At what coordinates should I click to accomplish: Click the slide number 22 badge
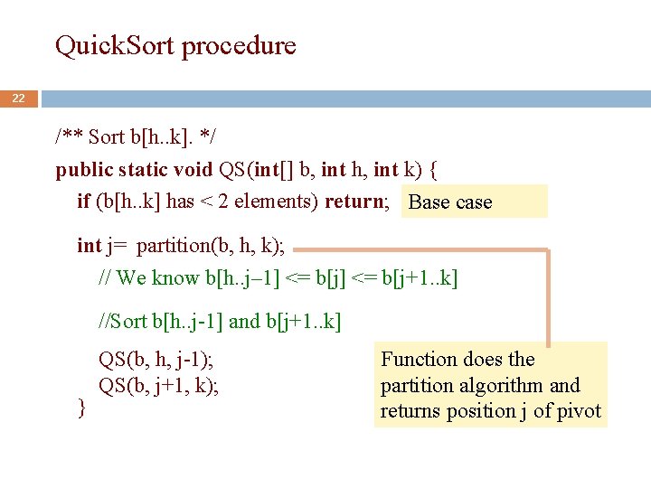[x=18, y=98]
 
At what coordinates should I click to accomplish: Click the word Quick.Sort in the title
[x=116, y=45]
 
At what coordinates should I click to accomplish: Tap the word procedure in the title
[x=240, y=46]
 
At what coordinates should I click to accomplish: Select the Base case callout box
[x=476, y=202]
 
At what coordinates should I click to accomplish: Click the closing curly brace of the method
[x=82, y=409]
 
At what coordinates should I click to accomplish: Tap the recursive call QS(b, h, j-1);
[x=156, y=360]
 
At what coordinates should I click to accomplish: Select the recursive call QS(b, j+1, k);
[x=159, y=386]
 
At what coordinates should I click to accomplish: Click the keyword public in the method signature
[x=84, y=169]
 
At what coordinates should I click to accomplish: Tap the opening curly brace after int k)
[x=434, y=169]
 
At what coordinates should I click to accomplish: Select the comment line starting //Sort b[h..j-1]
[x=220, y=321]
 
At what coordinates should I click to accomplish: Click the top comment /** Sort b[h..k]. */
[x=136, y=137]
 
